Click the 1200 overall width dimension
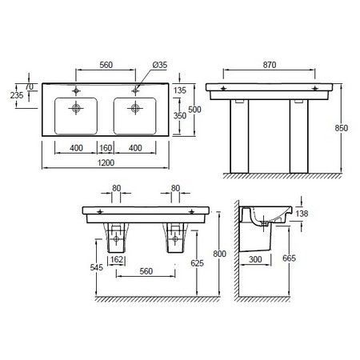[x=106, y=162]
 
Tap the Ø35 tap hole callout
[x=160, y=65]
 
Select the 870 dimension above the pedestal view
[x=270, y=65]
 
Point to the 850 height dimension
[x=342, y=128]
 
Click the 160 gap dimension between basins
[x=106, y=148]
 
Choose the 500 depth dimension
[x=194, y=110]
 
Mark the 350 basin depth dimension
[x=180, y=116]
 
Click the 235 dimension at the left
[x=17, y=95]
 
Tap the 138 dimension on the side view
[x=302, y=214]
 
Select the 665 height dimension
[x=289, y=258]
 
